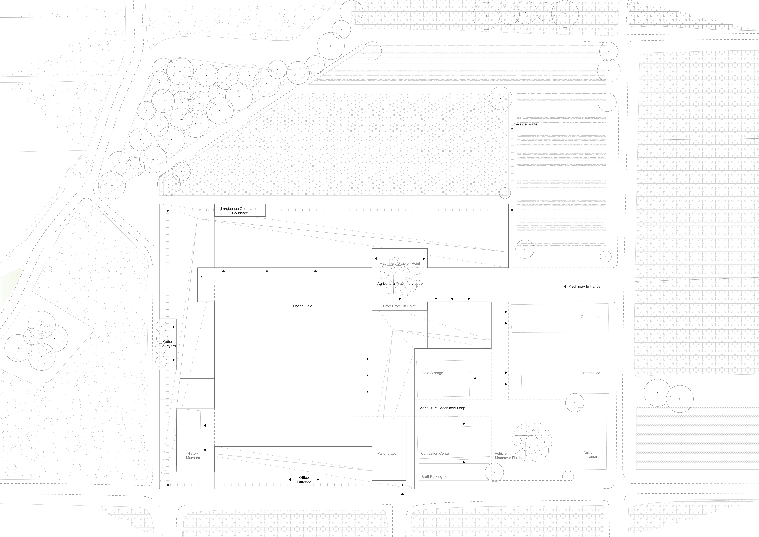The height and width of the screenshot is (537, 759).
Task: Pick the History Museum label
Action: pos(193,456)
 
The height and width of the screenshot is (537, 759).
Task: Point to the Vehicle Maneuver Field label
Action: pos(507,456)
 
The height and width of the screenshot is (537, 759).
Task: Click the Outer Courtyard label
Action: pos(168,344)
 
